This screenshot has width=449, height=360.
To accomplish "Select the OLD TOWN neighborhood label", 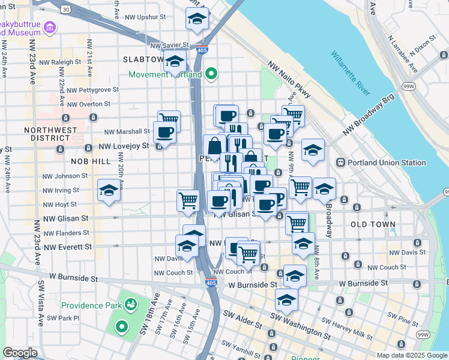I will click(373, 224).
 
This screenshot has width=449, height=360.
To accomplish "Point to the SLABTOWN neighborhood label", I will click(143, 59).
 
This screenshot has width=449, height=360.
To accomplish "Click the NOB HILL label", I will click(91, 161).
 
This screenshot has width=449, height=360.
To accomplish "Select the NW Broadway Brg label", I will click(368, 114).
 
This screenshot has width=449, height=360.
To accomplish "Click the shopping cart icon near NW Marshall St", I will click(169, 119).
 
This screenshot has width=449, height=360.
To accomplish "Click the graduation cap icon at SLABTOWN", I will click(175, 62).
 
